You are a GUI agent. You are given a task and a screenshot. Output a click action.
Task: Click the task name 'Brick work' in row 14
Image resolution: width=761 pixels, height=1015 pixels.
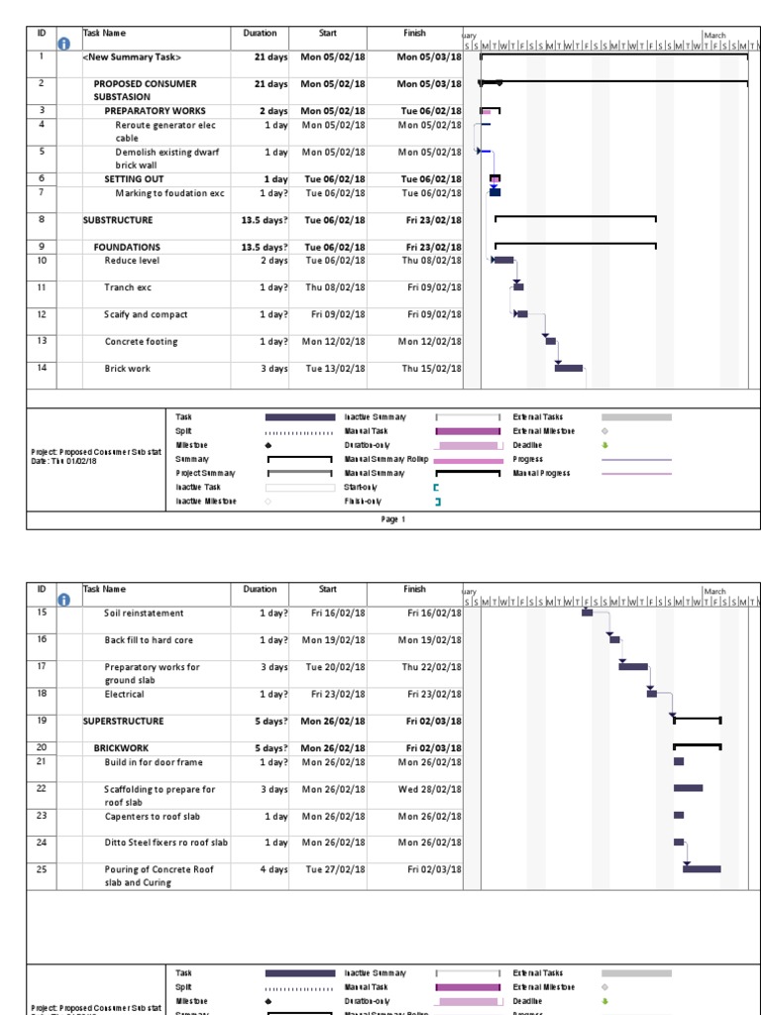pyautogui.click(x=128, y=368)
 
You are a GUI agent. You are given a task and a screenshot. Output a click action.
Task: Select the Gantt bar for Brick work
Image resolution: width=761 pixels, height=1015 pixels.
pyautogui.click(x=569, y=368)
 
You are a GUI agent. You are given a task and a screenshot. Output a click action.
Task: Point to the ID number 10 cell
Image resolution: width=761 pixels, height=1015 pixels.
pyautogui.click(x=42, y=261)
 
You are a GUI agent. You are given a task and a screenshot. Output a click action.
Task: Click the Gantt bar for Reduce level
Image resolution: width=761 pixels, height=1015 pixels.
pyautogui.click(x=503, y=260)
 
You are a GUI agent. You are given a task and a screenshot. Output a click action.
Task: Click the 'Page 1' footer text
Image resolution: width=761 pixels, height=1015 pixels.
pyautogui.click(x=393, y=519)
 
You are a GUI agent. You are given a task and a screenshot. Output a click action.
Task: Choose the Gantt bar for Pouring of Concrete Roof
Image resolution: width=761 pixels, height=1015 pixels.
pyautogui.click(x=702, y=869)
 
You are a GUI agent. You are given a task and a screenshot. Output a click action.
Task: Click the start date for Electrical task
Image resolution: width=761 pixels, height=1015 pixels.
pyautogui.click(x=335, y=695)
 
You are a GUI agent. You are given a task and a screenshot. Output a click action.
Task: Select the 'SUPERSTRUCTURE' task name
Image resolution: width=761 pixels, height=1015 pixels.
pyautogui.click(x=123, y=721)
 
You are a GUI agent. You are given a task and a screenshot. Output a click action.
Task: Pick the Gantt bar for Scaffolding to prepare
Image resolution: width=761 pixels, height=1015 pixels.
pyautogui.click(x=688, y=788)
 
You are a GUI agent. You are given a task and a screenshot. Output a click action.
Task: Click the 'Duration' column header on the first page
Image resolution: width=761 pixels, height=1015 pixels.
pyautogui.click(x=260, y=33)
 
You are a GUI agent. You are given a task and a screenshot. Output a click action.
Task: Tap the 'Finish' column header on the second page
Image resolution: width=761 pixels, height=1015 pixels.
pyautogui.click(x=414, y=589)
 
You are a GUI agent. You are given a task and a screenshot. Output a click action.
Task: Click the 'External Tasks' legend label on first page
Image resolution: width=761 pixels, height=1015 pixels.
pyautogui.click(x=538, y=417)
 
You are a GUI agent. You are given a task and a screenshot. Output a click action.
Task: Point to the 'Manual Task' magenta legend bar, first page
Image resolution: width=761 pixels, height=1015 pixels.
pyautogui.click(x=468, y=431)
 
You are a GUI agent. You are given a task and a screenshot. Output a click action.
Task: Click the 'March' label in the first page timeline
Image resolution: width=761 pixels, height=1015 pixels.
pyautogui.click(x=714, y=35)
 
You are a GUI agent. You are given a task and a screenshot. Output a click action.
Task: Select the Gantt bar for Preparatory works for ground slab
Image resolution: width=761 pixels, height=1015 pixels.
pyautogui.click(x=633, y=666)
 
